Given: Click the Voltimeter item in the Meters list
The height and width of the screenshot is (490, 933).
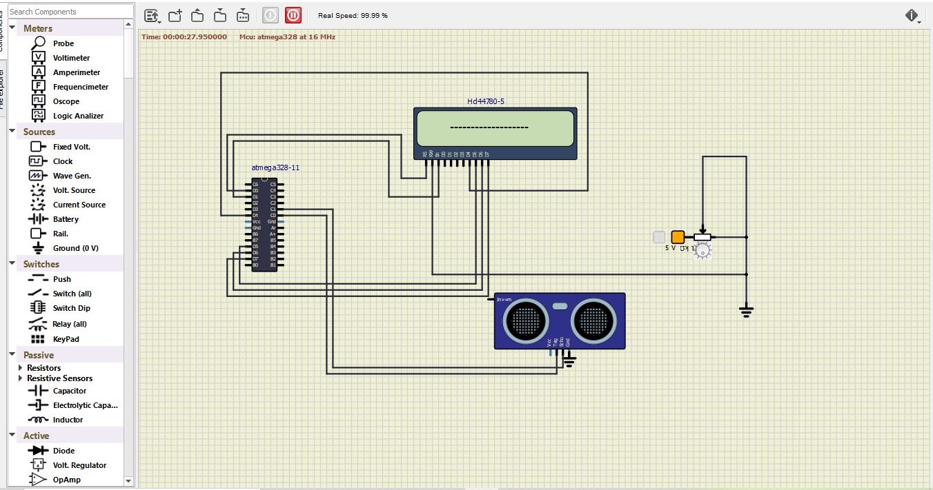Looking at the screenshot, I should click(x=70, y=58).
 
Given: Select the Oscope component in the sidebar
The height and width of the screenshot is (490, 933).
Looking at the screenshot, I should click(x=66, y=101).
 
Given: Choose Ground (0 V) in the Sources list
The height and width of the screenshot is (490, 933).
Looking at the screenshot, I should click(x=75, y=248).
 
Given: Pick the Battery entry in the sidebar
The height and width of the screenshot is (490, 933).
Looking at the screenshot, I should click(x=66, y=219).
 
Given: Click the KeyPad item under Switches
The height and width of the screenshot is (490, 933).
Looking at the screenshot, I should click(x=66, y=339).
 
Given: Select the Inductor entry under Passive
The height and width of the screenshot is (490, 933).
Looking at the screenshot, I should click(x=68, y=420).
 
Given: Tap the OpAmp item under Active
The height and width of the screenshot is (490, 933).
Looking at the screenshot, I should click(x=66, y=480).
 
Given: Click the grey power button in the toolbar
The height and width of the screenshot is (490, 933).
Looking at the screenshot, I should click(x=271, y=15).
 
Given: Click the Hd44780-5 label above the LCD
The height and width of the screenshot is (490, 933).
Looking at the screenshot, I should click(x=486, y=101).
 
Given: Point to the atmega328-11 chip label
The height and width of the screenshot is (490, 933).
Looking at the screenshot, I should click(x=275, y=167).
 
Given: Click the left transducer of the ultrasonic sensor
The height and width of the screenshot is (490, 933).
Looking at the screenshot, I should click(x=526, y=320).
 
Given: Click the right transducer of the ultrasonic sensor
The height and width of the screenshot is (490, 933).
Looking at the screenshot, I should click(x=593, y=320).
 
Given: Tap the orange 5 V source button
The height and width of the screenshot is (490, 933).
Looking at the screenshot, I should click(x=678, y=237).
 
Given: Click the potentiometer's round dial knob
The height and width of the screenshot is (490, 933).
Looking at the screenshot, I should click(x=702, y=252).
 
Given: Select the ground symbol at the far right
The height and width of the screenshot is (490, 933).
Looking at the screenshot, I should click(x=746, y=311).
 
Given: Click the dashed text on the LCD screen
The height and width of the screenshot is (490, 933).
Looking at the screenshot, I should click(x=489, y=127).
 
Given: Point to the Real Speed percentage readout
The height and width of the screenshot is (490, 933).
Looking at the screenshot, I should click(x=353, y=15).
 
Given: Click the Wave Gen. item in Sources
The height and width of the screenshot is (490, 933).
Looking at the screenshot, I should click(x=72, y=176).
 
